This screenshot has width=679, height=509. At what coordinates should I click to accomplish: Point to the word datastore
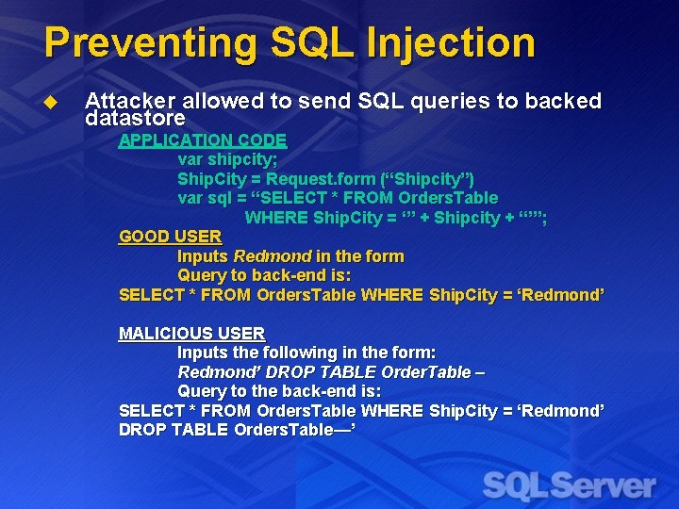pos(135,120)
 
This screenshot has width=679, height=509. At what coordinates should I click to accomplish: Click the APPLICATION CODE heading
pos(202,140)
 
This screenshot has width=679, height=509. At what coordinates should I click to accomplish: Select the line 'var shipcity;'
pos(227,159)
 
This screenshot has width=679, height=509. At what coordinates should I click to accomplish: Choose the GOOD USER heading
pos(170,237)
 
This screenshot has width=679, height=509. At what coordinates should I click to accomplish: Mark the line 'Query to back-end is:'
pos(264,275)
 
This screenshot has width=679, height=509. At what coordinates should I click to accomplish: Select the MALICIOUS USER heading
pos(191,334)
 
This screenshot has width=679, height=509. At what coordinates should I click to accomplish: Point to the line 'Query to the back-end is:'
pos(279,391)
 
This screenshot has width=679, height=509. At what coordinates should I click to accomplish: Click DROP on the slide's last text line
pos(141,430)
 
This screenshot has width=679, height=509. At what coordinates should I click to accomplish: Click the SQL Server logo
pos(570,484)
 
